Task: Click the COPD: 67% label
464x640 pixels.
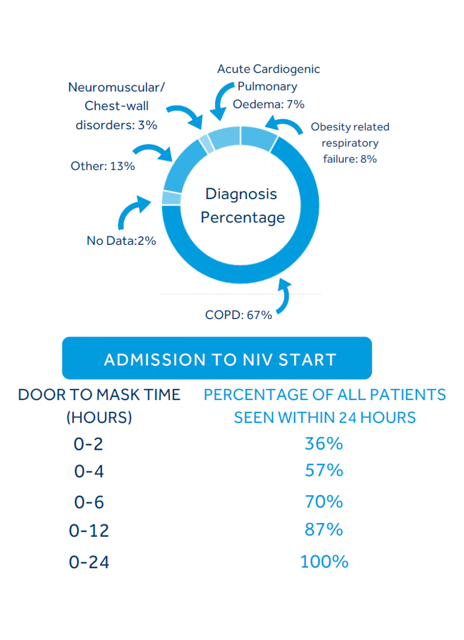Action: [239, 314]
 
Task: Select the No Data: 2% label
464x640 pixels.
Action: [121, 241]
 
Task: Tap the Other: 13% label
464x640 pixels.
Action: [102, 166]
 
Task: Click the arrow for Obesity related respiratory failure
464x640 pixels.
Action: [286, 126]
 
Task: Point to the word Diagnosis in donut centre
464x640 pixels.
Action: [241, 194]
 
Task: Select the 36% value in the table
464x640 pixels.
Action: [324, 444]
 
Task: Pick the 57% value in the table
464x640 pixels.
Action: [324, 470]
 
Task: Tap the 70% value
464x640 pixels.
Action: [324, 502]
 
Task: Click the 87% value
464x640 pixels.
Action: [324, 530]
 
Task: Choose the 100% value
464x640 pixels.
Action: [324, 562]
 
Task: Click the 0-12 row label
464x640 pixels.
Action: [89, 531]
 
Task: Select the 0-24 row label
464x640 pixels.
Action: [89, 563]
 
